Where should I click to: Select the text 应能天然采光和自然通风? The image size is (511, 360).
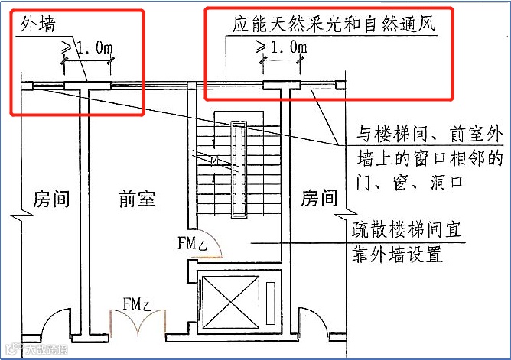[334, 24]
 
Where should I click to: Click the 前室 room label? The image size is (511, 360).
[137, 199]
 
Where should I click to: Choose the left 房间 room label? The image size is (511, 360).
[51, 199]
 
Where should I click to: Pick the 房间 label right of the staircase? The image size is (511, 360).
[319, 199]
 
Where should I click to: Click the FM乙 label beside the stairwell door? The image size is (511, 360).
[192, 245]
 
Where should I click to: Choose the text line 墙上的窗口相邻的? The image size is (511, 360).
[432, 160]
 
